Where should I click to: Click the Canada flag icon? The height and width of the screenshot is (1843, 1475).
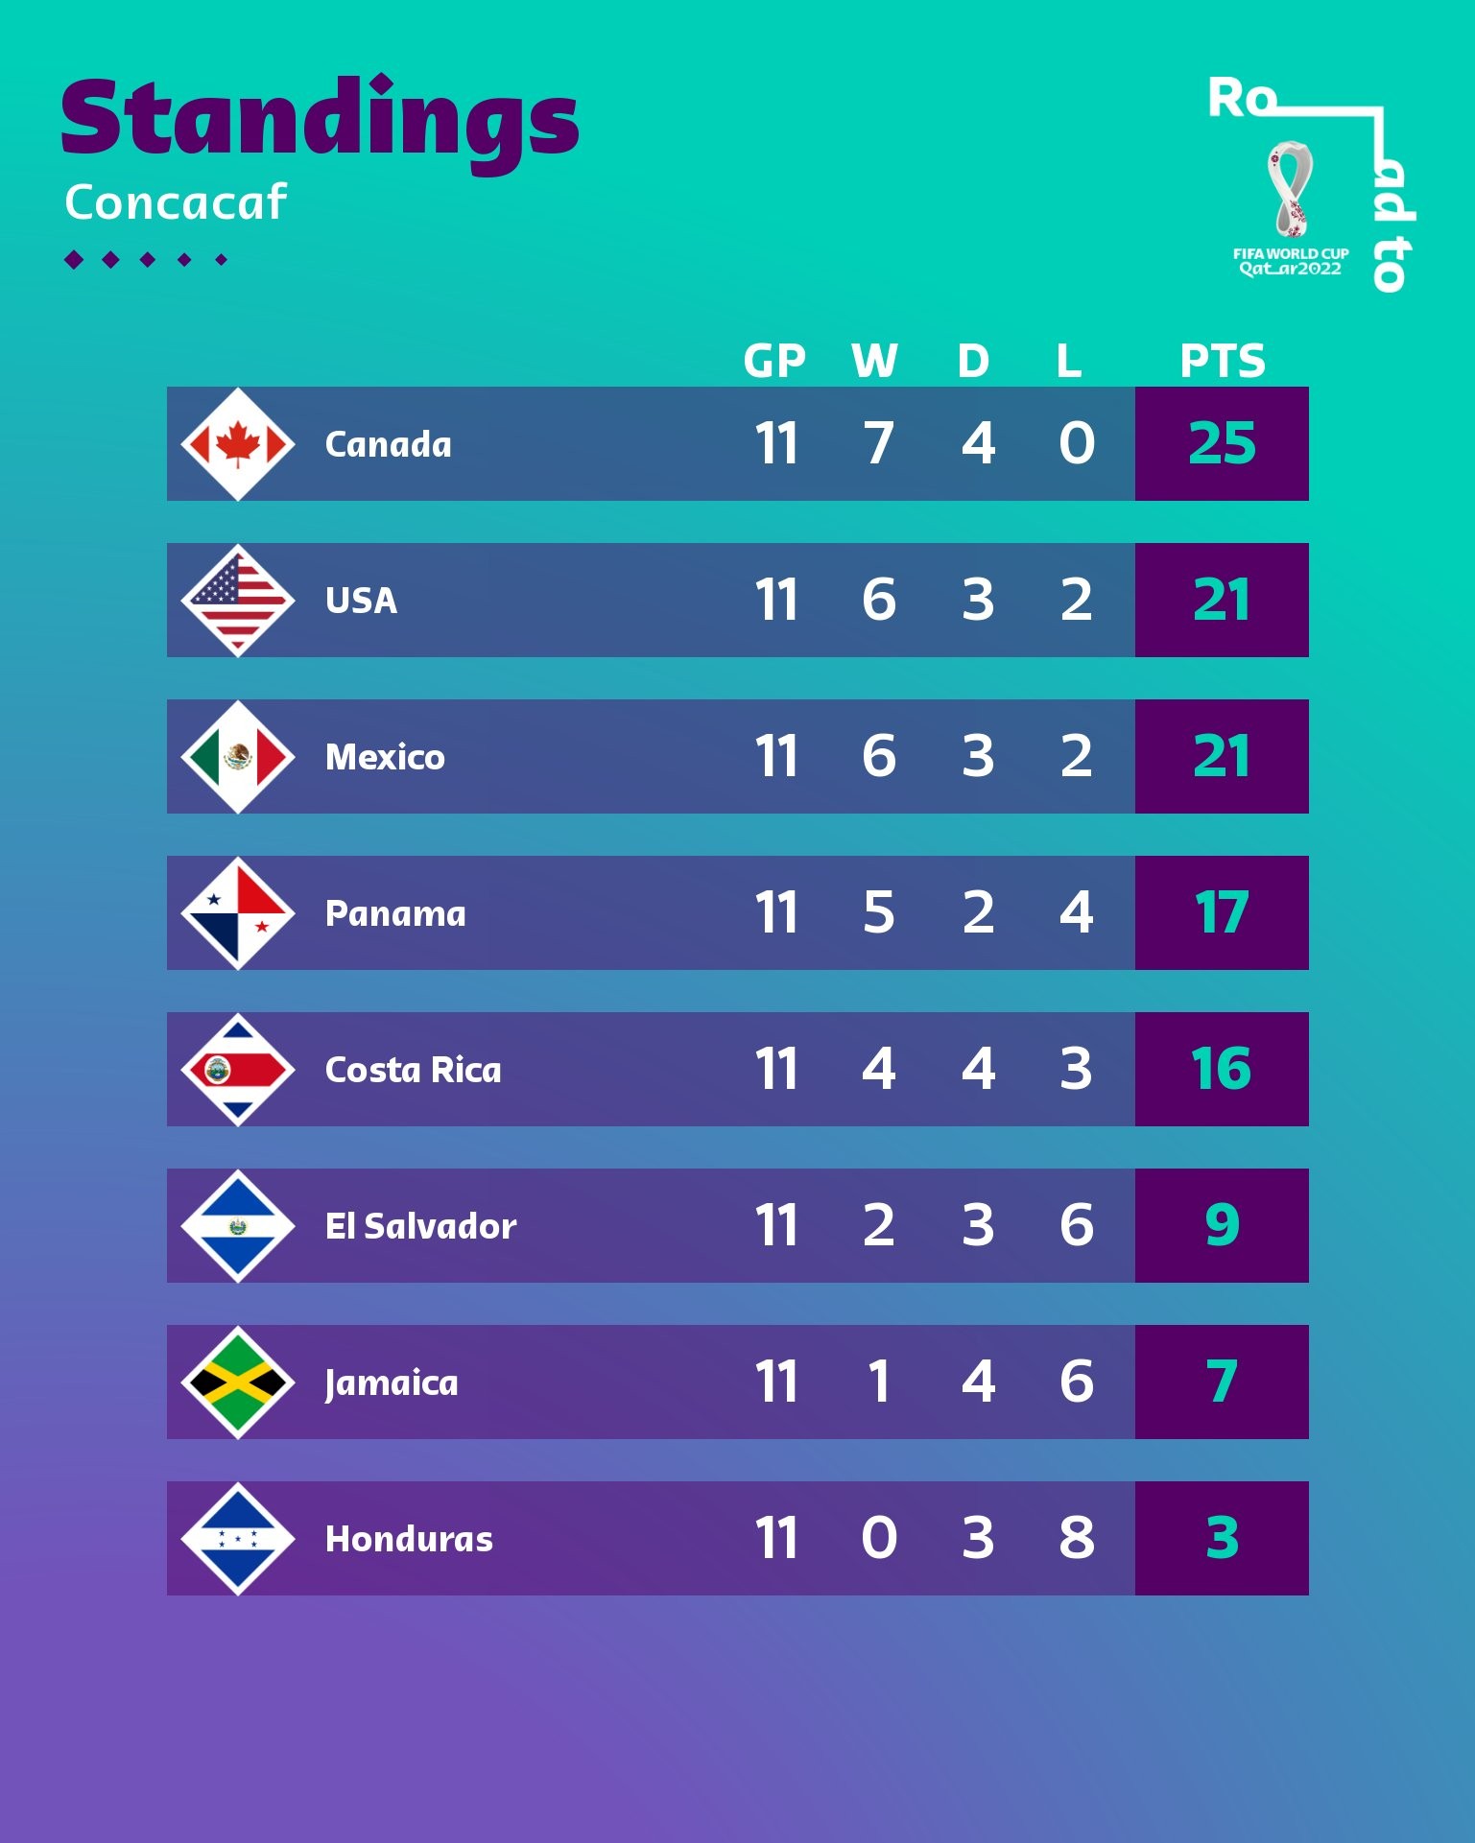[238, 444]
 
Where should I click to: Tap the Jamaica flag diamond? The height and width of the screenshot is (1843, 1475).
[238, 1382]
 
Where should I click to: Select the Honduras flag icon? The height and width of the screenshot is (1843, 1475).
[238, 1539]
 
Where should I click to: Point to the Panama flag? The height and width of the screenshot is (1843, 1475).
[238, 913]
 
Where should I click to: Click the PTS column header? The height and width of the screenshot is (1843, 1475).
[1222, 362]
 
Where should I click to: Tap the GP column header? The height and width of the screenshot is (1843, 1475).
[774, 362]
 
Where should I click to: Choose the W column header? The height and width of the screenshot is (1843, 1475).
[874, 362]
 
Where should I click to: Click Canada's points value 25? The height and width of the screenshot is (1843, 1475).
[1222, 444]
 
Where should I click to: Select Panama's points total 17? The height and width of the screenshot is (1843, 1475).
[1222, 913]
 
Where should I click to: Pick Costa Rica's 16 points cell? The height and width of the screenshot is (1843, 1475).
[1222, 1070]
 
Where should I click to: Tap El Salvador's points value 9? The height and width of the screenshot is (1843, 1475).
[1222, 1226]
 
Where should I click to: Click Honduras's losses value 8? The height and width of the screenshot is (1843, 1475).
[1077, 1539]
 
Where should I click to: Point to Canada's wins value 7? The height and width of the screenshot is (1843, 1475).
[878, 444]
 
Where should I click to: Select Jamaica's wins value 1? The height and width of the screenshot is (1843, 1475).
[878, 1382]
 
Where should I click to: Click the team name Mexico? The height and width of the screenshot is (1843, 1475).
[385, 758]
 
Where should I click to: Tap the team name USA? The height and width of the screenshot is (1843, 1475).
[361, 602]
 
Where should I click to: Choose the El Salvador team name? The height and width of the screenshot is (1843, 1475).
[420, 1226]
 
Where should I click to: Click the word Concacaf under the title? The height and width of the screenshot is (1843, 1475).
[176, 202]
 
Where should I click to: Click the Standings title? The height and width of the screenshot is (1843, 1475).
[320, 120]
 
